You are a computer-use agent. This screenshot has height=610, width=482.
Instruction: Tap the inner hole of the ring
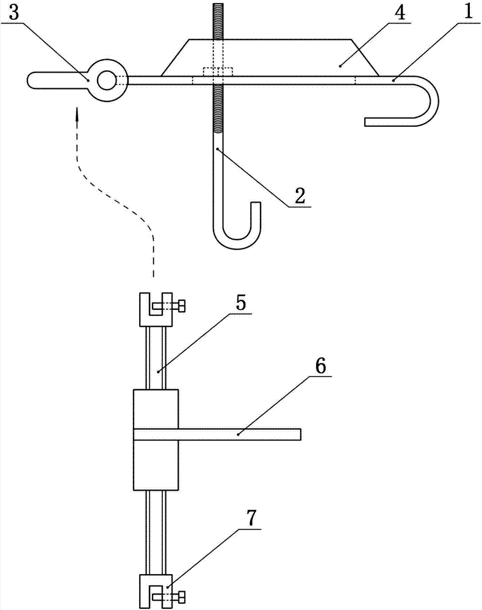click(x=107, y=79)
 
